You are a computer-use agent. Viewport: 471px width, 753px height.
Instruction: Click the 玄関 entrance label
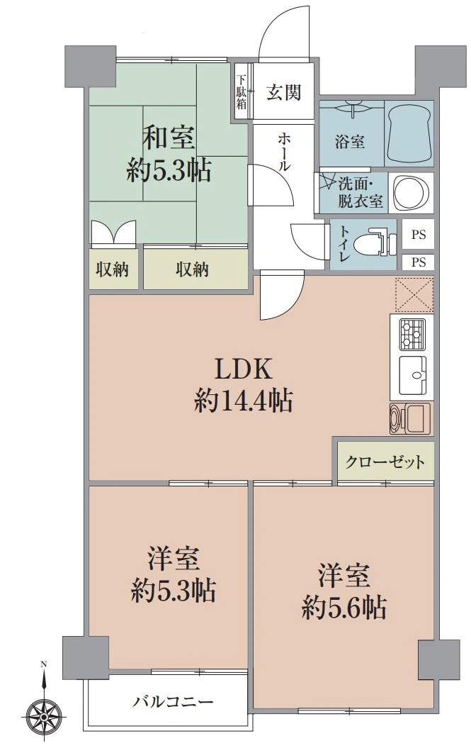(284, 93)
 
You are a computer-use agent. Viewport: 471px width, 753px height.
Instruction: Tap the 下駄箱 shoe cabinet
(241, 92)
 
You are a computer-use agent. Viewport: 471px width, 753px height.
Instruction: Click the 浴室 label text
(350, 141)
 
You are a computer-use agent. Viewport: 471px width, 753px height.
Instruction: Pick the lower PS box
(418, 262)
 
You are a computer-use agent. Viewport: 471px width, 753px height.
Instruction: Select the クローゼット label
(385, 463)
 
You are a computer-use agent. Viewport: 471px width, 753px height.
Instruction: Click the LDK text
(244, 369)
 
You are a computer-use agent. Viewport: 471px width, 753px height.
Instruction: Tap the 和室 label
(169, 137)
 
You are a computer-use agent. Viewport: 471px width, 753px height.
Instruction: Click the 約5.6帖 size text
(344, 608)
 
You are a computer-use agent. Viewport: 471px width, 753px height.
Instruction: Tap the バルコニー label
(173, 703)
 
